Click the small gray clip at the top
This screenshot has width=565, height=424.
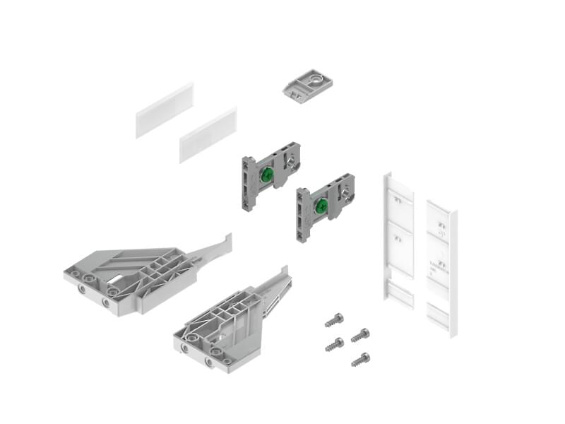click(x=308, y=85)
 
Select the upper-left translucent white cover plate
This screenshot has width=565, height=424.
click(x=164, y=110)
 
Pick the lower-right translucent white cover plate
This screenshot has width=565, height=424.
click(x=208, y=135)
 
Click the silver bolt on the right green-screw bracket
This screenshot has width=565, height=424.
click(x=344, y=192)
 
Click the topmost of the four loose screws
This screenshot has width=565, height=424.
click(x=334, y=320)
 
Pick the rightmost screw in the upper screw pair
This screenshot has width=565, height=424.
click(x=360, y=334)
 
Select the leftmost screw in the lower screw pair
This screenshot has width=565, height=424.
click(x=335, y=344)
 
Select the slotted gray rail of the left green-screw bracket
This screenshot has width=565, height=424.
click(x=249, y=184)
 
